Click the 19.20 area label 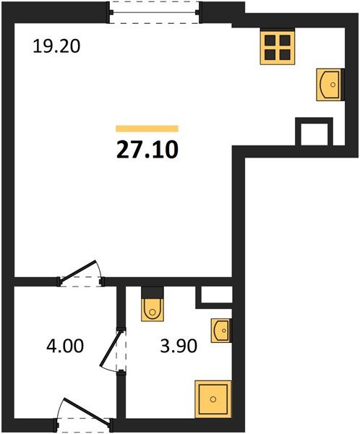tap(56, 46)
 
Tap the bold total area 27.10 tap(147, 150)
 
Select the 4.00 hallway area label tap(65, 346)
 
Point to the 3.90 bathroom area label tap(179, 346)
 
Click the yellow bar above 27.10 tap(147, 129)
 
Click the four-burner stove tap(278, 48)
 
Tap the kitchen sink tap(330, 85)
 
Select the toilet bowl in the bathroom tap(153, 310)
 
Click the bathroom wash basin tap(221, 331)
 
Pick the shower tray tap(213, 399)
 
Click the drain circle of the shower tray tap(213, 399)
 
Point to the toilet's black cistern tap(153, 292)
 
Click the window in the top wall tap(154, 12)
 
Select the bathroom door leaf tap(111, 349)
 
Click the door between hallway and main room tap(79, 273)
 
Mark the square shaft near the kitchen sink tap(314, 132)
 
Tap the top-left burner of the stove tap(270, 41)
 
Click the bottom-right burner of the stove tap(285, 55)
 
